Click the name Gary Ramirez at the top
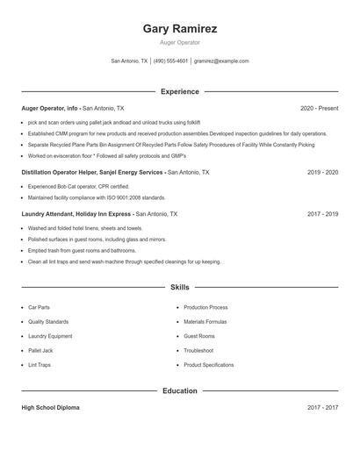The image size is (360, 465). click(x=179, y=28)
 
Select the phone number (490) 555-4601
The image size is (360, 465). click(x=170, y=61)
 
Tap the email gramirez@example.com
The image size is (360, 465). click(x=221, y=61)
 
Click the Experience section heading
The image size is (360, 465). click(x=179, y=91)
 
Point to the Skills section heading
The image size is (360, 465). click(x=179, y=287)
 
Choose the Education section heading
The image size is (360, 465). click(x=179, y=390)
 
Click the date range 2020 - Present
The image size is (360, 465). click(x=319, y=108)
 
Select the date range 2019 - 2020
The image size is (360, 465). click(x=322, y=173)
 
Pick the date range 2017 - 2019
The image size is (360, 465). click(x=322, y=213)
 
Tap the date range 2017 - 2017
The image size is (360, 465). click(x=322, y=408)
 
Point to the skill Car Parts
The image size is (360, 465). click(x=39, y=308)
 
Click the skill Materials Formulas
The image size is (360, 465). click(x=205, y=322)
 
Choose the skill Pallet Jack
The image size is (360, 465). click(x=40, y=350)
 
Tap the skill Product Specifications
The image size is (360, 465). click(x=208, y=364)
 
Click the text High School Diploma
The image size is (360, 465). click(x=50, y=408)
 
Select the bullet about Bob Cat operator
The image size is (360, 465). click(x=78, y=187)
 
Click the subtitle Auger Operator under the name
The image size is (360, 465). click(x=179, y=42)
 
